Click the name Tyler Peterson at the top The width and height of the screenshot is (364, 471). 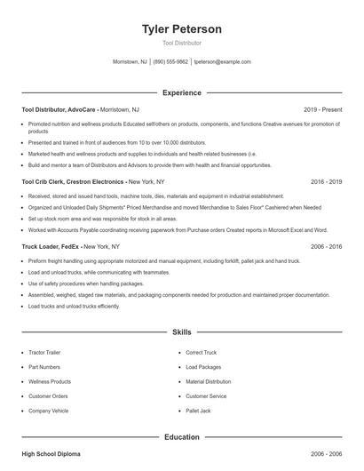pos(181,29)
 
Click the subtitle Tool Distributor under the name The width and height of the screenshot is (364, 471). pos(181,43)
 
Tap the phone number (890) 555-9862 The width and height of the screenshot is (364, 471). pos(170,62)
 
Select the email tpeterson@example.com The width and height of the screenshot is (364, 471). pos(222,62)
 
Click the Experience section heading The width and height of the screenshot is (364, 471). pos(181,92)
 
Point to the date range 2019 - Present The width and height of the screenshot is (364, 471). pos(322,109)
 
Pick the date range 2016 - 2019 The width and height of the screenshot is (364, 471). pos(326,180)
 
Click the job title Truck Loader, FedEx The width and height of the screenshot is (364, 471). pos(51,245)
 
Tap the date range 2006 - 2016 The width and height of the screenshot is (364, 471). pos(326,245)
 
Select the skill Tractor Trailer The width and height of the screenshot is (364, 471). pos(45,353)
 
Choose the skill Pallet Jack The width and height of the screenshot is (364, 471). pos(198,411)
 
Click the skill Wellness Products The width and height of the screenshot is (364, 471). pos(50,382)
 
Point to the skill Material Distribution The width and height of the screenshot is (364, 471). pos(208,382)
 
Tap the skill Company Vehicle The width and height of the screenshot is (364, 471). pos(48,411)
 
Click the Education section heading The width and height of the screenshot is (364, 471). pos(181,436)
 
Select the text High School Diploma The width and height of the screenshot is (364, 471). pos(51,454)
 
